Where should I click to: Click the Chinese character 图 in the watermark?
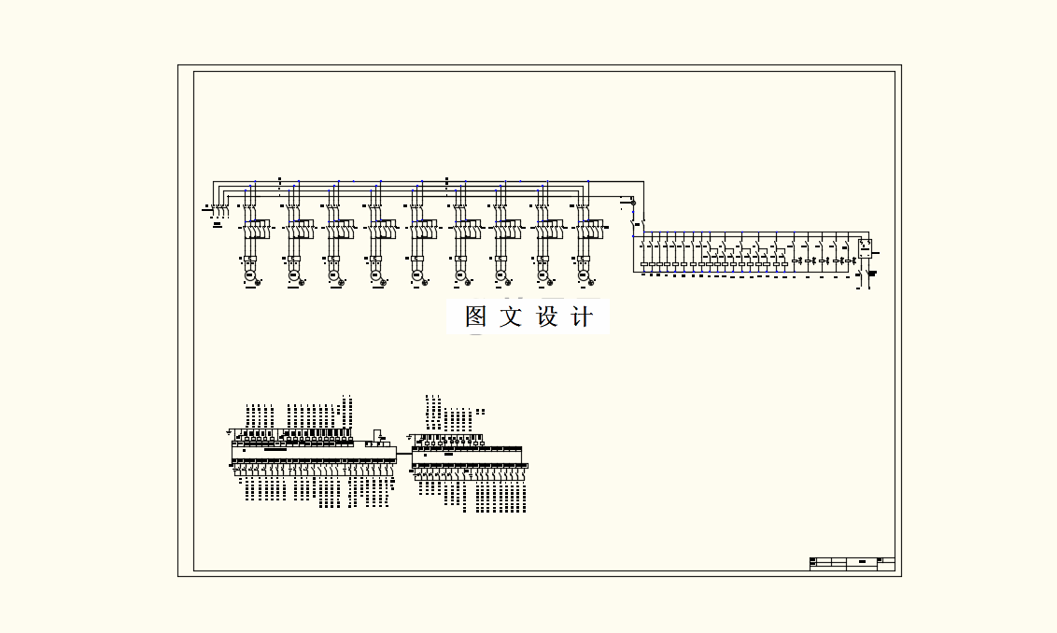click(x=475, y=316)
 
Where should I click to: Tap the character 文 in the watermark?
click(x=511, y=316)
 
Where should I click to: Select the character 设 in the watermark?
click(x=546, y=316)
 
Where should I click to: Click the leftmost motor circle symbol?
click(x=250, y=275)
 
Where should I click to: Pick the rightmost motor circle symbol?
click(x=584, y=275)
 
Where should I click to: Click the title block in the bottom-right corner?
click(x=852, y=563)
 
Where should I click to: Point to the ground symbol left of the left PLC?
click(x=229, y=432)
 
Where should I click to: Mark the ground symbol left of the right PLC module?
click(x=410, y=436)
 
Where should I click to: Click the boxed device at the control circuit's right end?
click(x=865, y=248)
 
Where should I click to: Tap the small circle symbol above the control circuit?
click(x=634, y=202)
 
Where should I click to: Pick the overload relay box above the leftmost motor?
click(x=250, y=259)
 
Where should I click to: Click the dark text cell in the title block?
click(x=861, y=562)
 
